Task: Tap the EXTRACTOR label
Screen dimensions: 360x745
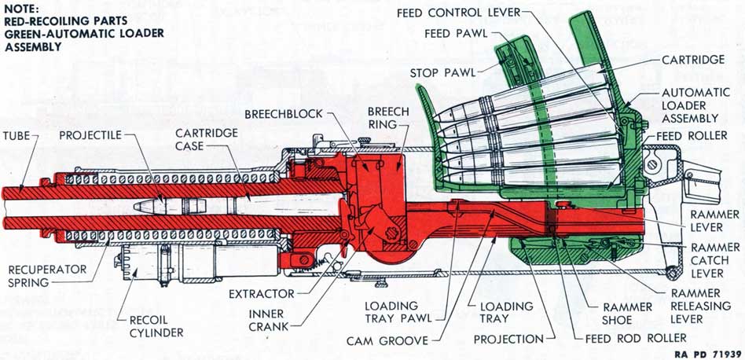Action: [x=262, y=294]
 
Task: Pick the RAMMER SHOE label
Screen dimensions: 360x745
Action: [x=628, y=312]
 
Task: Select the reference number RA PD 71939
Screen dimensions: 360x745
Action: [x=704, y=353]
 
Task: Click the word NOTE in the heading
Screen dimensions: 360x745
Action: [x=22, y=9]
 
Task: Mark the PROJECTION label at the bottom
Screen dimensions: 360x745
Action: [x=508, y=340]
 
